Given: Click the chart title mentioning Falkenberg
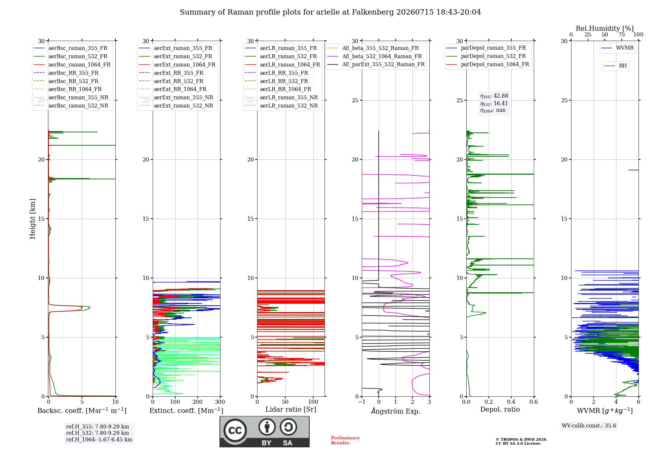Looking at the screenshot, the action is click(x=330, y=12).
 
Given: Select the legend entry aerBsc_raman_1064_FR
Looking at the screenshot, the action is click(x=72, y=65).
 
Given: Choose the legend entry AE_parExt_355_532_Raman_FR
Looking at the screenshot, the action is click(x=376, y=64).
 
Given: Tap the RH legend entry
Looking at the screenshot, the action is click(x=616, y=66).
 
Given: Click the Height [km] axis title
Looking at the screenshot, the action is click(x=32, y=219).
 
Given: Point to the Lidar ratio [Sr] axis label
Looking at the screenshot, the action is click(x=291, y=409).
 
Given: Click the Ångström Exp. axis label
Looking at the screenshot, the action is click(x=396, y=411).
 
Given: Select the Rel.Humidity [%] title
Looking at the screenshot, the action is click(x=605, y=28).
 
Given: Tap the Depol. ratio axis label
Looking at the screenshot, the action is click(x=500, y=409).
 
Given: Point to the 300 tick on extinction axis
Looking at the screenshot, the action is click(x=220, y=402).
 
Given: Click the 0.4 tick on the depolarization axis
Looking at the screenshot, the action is click(x=511, y=402).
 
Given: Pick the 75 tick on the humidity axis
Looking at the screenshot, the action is click(x=622, y=35).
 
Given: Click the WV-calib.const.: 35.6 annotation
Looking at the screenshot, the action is click(x=589, y=426).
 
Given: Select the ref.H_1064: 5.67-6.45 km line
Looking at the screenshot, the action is click(x=99, y=440).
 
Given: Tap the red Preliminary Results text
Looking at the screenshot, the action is click(x=345, y=440).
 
